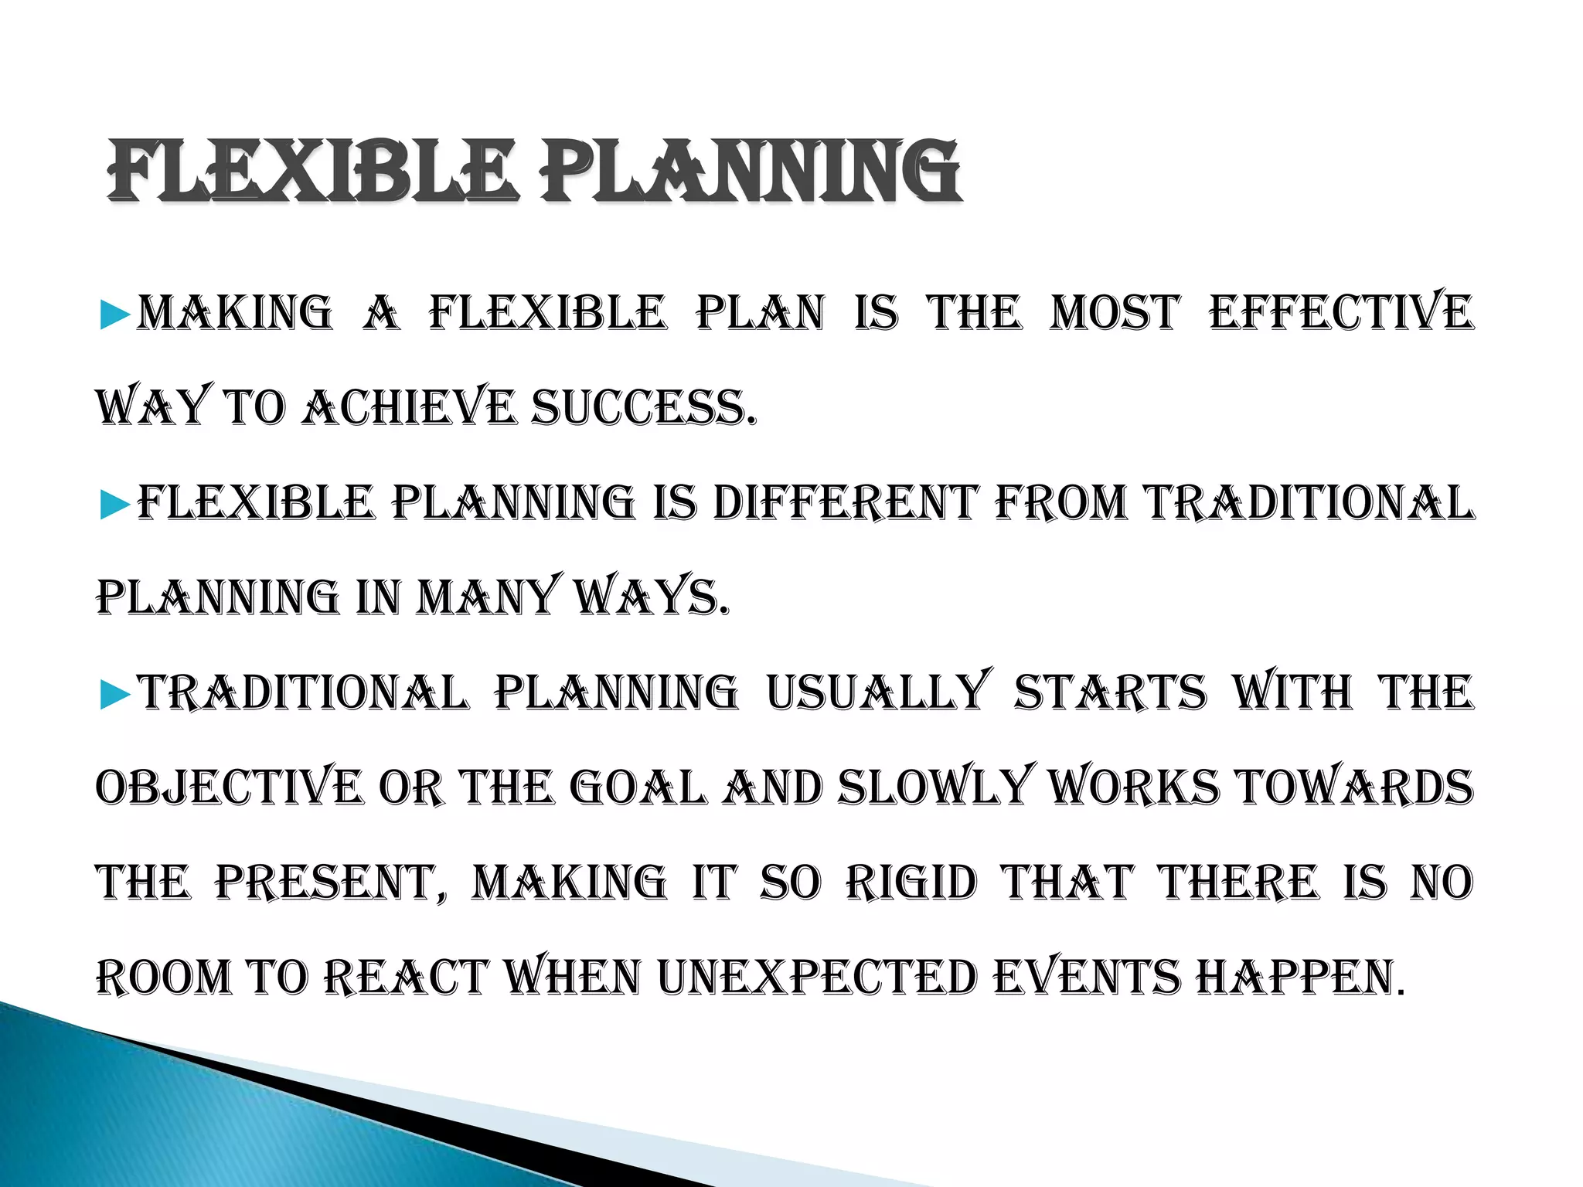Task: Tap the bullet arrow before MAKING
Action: pyautogui.click(x=115, y=315)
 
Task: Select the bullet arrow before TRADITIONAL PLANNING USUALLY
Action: pyautogui.click(x=115, y=694)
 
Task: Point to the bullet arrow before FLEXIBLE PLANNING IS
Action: pyautogui.click(x=115, y=505)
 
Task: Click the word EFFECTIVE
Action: pyautogui.click(x=1341, y=313)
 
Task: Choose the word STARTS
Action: pyautogui.click(x=1109, y=692)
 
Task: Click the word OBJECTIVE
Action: pyautogui.click(x=228, y=788)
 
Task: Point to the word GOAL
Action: pyautogui.click(x=638, y=788)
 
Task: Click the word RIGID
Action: pyautogui.click(x=912, y=883)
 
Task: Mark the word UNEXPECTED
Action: pyautogui.click(x=817, y=978)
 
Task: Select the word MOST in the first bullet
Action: pyautogui.click(x=1115, y=313)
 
